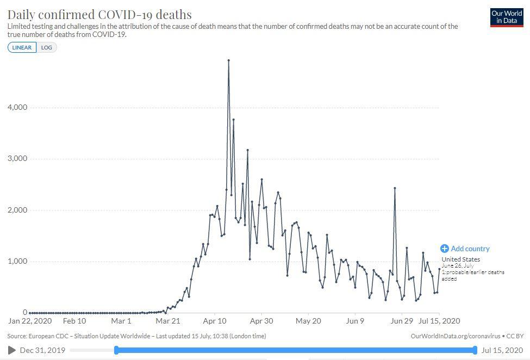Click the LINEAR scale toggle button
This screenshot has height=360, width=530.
22,47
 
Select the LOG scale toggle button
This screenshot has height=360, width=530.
47,47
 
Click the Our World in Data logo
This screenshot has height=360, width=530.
506,17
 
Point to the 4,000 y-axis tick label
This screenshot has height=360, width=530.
17,108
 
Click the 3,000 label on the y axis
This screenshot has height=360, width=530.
17,159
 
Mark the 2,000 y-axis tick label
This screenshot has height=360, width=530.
17,210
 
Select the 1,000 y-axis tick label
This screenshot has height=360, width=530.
17,262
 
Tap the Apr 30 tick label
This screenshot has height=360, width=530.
261,321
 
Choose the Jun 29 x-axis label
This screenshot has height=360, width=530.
402,321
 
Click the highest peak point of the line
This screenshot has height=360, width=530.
228,60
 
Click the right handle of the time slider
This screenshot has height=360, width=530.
475,350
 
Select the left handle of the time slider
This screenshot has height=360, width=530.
116,350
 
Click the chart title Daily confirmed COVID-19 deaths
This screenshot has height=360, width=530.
99,14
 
